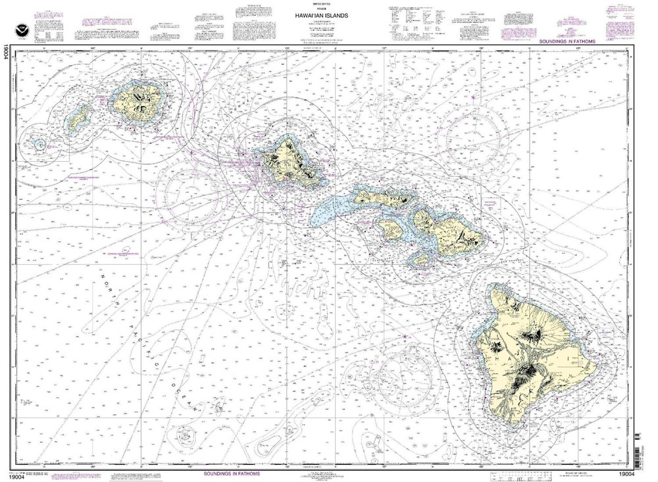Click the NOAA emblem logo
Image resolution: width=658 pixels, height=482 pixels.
click(15, 20)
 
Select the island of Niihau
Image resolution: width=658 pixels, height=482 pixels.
click(78, 118)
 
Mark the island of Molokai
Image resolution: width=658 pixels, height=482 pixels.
click(385, 197)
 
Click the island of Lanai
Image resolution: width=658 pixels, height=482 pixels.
click(391, 228)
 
